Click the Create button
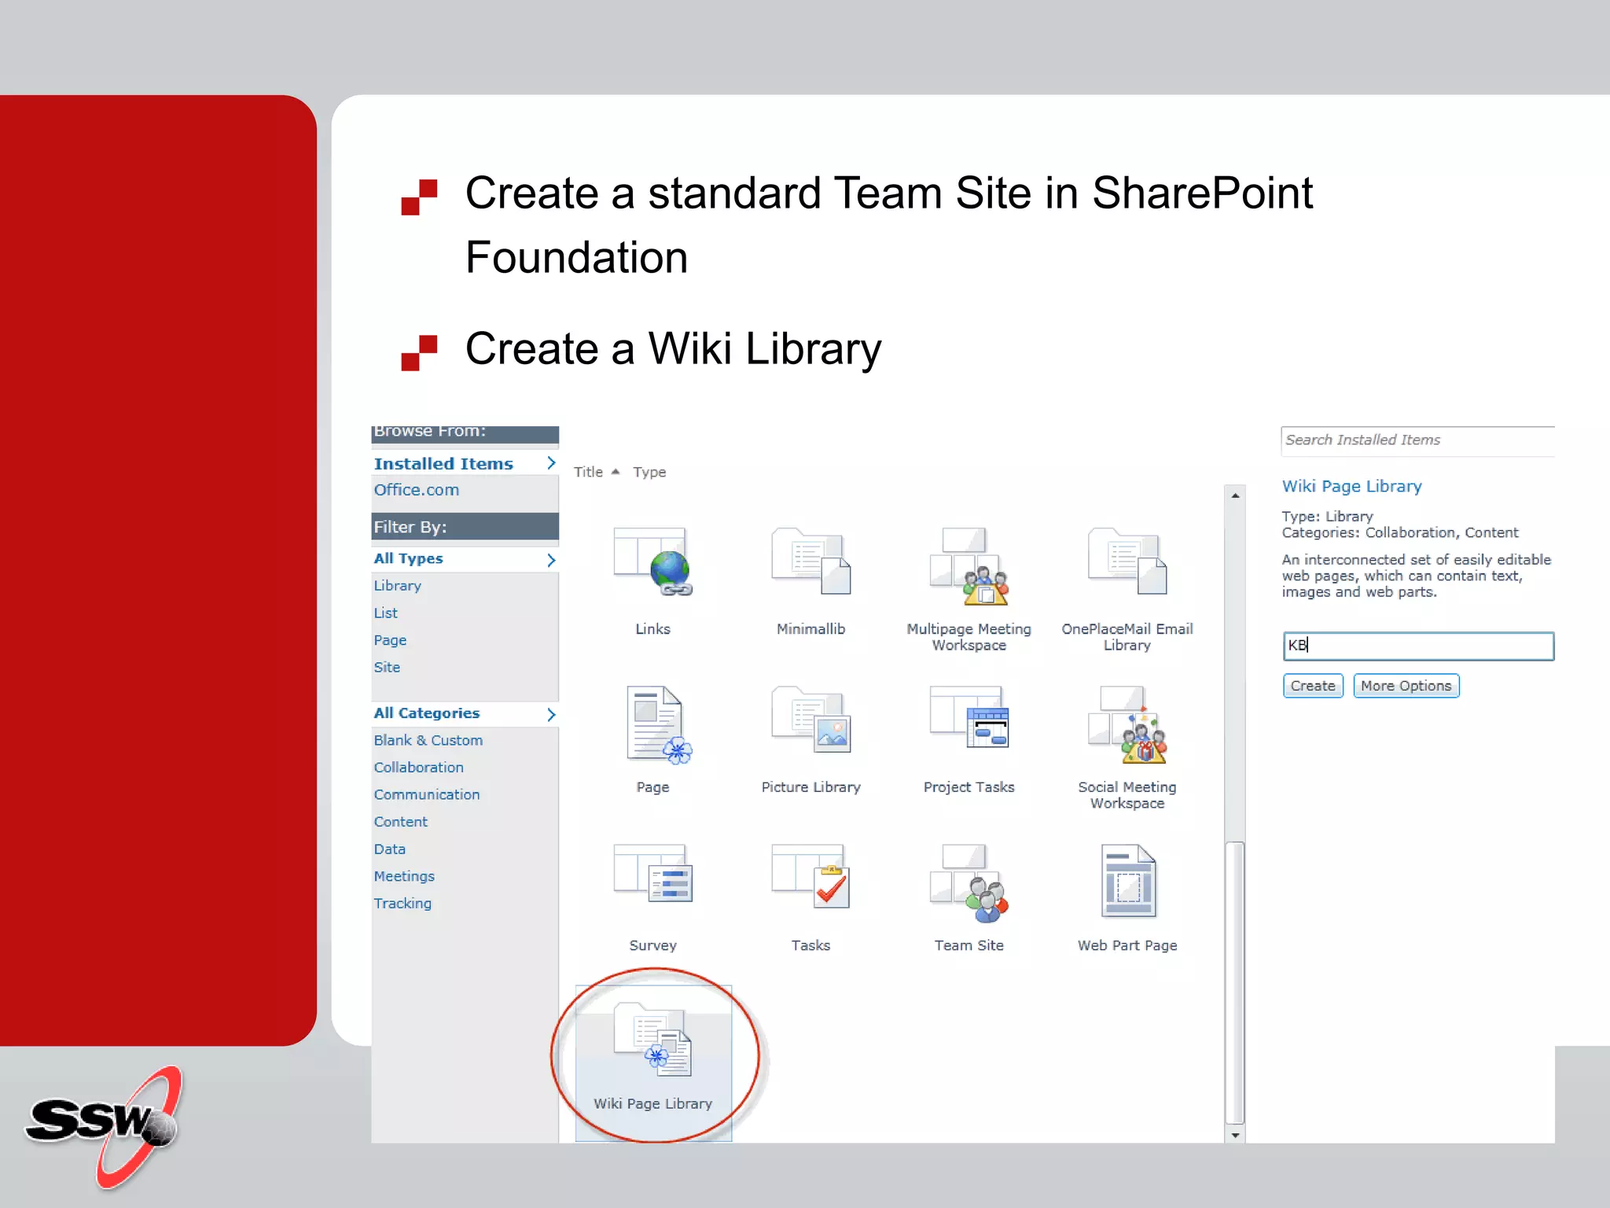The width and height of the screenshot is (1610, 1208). [x=1312, y=686]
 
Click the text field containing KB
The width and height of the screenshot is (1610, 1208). [x=1417, y=646]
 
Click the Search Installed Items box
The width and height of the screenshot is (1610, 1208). [x=1417, y=440]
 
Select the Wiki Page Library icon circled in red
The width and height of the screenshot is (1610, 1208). [x=653, y=1040]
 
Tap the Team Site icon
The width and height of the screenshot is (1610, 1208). [x=969, y=883]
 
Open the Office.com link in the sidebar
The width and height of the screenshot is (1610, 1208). [x=416, y=490]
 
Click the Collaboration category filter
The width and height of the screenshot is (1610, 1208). [x=418, y=767]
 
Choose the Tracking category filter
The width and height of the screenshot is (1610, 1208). [x=402, y=903]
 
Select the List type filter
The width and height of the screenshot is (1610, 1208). [x=385, y=613]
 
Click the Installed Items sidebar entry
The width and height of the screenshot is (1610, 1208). [x=443, y=464]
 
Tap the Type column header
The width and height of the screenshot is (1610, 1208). [x=649, y=472]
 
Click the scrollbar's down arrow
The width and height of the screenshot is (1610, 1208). [x=1235, y=1135]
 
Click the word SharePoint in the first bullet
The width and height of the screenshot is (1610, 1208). [x=1202, y=193]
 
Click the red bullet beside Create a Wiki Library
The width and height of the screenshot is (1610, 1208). [x=419, y=352]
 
